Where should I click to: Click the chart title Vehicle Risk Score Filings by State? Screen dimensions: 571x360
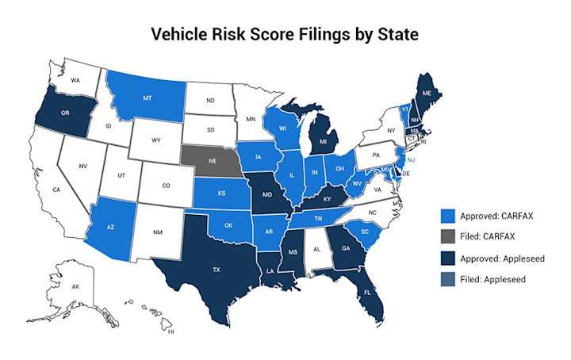pos(285,36)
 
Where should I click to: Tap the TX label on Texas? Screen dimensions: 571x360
pos(217,270)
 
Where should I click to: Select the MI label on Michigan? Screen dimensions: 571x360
pos(324,143)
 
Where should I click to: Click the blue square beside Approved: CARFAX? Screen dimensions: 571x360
pos(449,214)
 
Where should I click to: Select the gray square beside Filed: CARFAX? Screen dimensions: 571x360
pos(449,236)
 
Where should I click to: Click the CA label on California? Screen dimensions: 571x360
pos(56,190)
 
